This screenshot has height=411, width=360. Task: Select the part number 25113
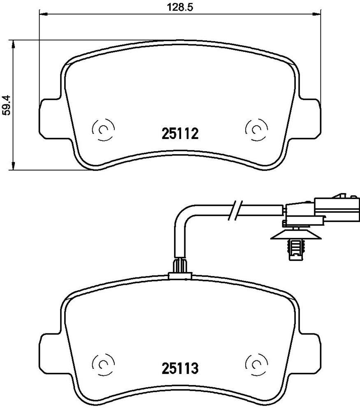[x=180, y=369]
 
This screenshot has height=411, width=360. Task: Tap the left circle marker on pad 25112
[x=103, y=129]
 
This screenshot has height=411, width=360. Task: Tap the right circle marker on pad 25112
[x=256, y=129]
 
